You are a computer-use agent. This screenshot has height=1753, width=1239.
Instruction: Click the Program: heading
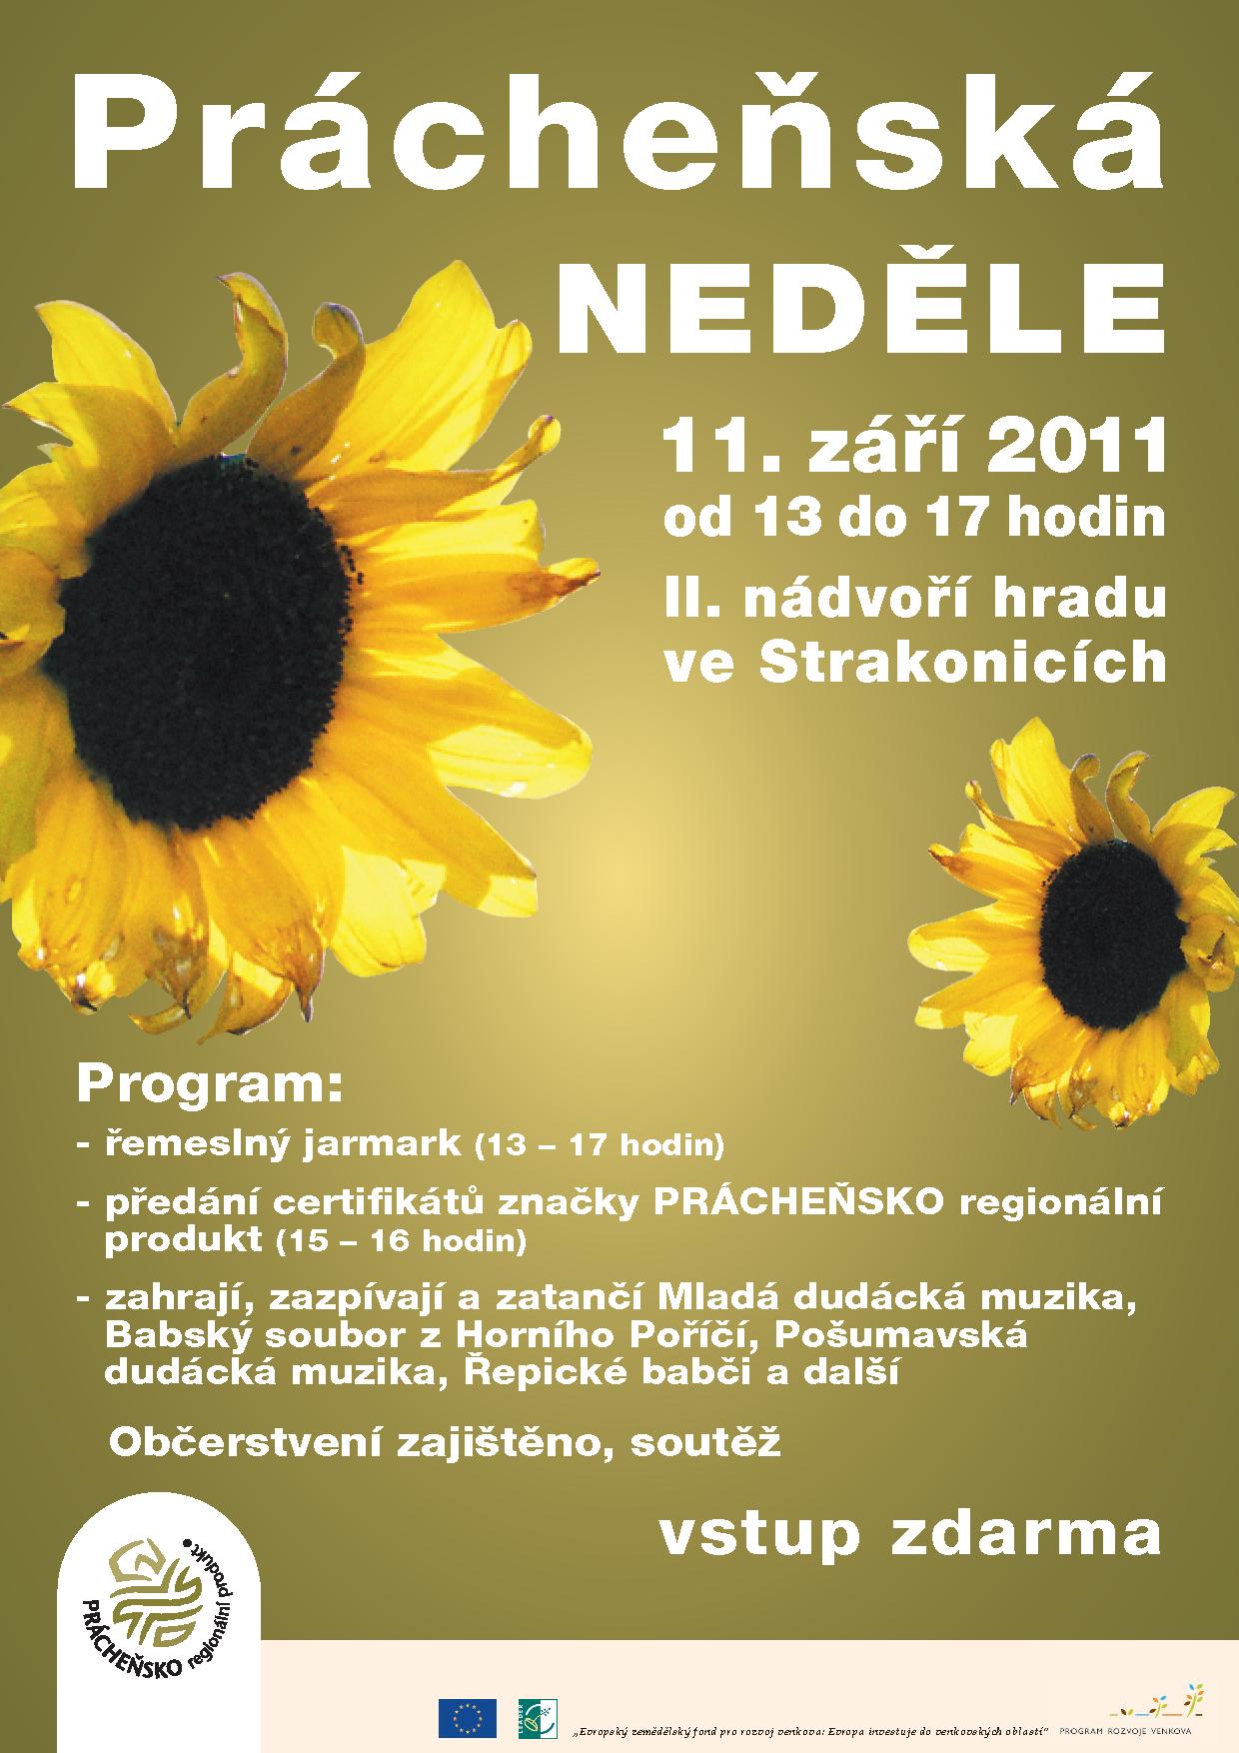tap(209, 1084)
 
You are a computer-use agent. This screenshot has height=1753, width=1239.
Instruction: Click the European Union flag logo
tap(467, 1718)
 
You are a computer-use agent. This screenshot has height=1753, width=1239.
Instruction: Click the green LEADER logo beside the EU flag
tap(537, 1718)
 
